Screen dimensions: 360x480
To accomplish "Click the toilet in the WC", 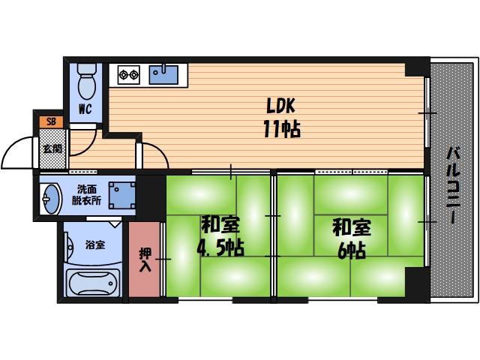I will point(87,82).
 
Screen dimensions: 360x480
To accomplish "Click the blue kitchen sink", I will point(164,74).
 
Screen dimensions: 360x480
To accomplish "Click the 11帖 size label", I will point(281,129).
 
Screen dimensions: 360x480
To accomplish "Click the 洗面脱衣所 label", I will point(88,194).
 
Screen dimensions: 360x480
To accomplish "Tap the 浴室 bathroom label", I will point(94,244).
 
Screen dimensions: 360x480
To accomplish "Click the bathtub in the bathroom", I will point(91,283).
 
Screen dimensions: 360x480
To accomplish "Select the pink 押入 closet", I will point(144,259).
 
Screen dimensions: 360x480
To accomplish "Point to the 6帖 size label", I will point(351,250).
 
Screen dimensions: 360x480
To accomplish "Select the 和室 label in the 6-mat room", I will point(351,226).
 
